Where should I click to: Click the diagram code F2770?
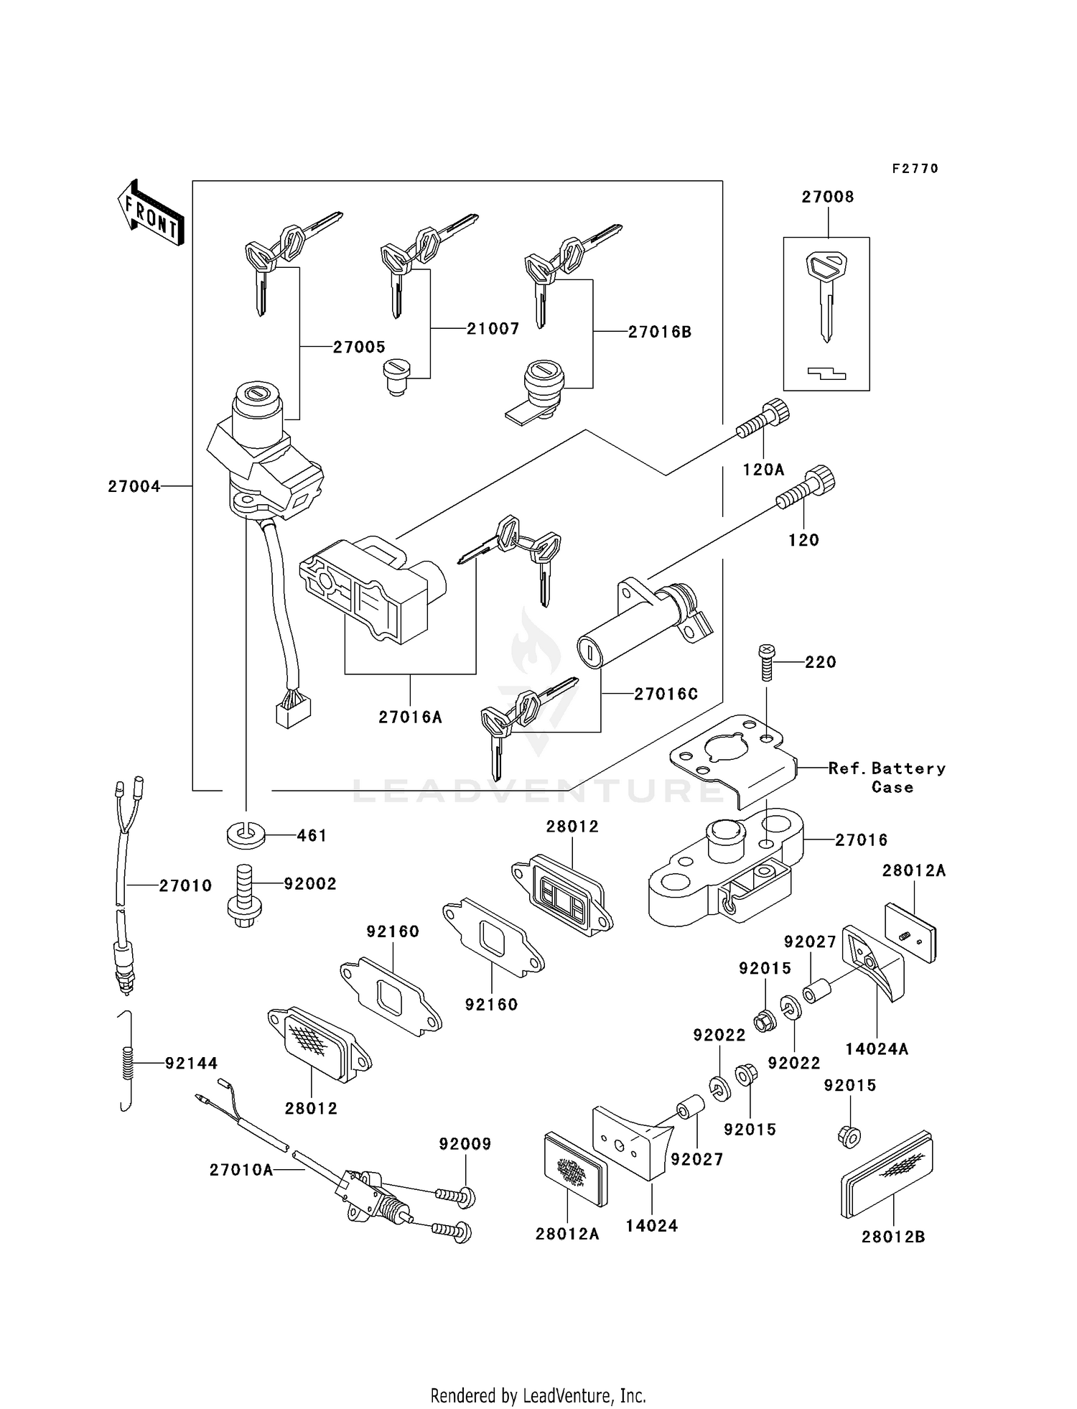coord(915,169)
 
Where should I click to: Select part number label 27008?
coord(828,197)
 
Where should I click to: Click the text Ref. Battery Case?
coord(887,777)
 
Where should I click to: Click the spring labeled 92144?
coord(127,1062)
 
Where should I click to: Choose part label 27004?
coord(134,486)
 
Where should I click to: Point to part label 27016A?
coord(410,717)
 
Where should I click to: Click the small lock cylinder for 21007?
coord(395,376)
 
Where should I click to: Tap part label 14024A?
coord(876,1048)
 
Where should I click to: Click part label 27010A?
coord(241,1170)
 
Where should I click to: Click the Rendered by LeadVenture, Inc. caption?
coord(538,1395)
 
